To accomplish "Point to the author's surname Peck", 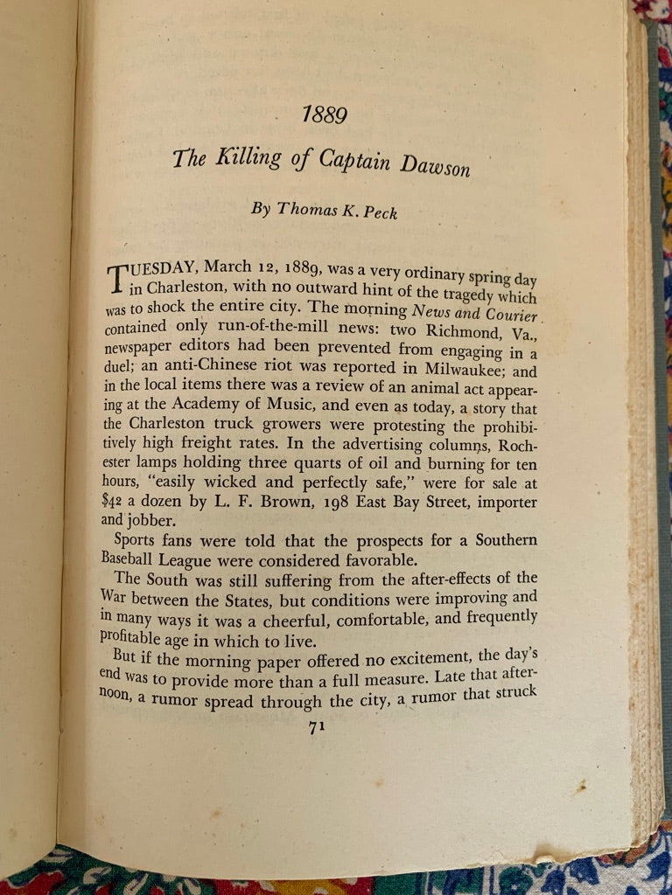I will pyautogui.click(x=378, y=212).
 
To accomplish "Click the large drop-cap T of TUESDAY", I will pyautogui.click(x=118, y=279).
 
